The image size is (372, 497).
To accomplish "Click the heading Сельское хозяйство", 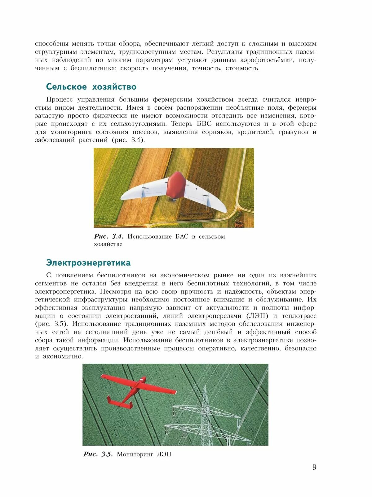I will click(x=91, y=87).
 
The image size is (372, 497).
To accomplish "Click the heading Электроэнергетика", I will click(x=88, y=263).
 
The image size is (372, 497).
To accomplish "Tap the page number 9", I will click(x=314, y=467).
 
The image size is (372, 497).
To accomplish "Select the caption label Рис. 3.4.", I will click(x=108, y=236).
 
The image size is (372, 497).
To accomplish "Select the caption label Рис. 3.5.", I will click(x=98, y=454).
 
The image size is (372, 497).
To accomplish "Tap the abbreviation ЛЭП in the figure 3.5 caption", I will click(x=164, y=454).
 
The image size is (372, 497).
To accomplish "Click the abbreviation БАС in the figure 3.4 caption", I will click(x=182, y=236).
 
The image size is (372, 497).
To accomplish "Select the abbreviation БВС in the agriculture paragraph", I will click(x=204, y=124).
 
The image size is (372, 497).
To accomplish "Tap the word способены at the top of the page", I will click(x=51, y=43).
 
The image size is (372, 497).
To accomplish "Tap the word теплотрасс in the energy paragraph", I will click(x=299, y=316).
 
